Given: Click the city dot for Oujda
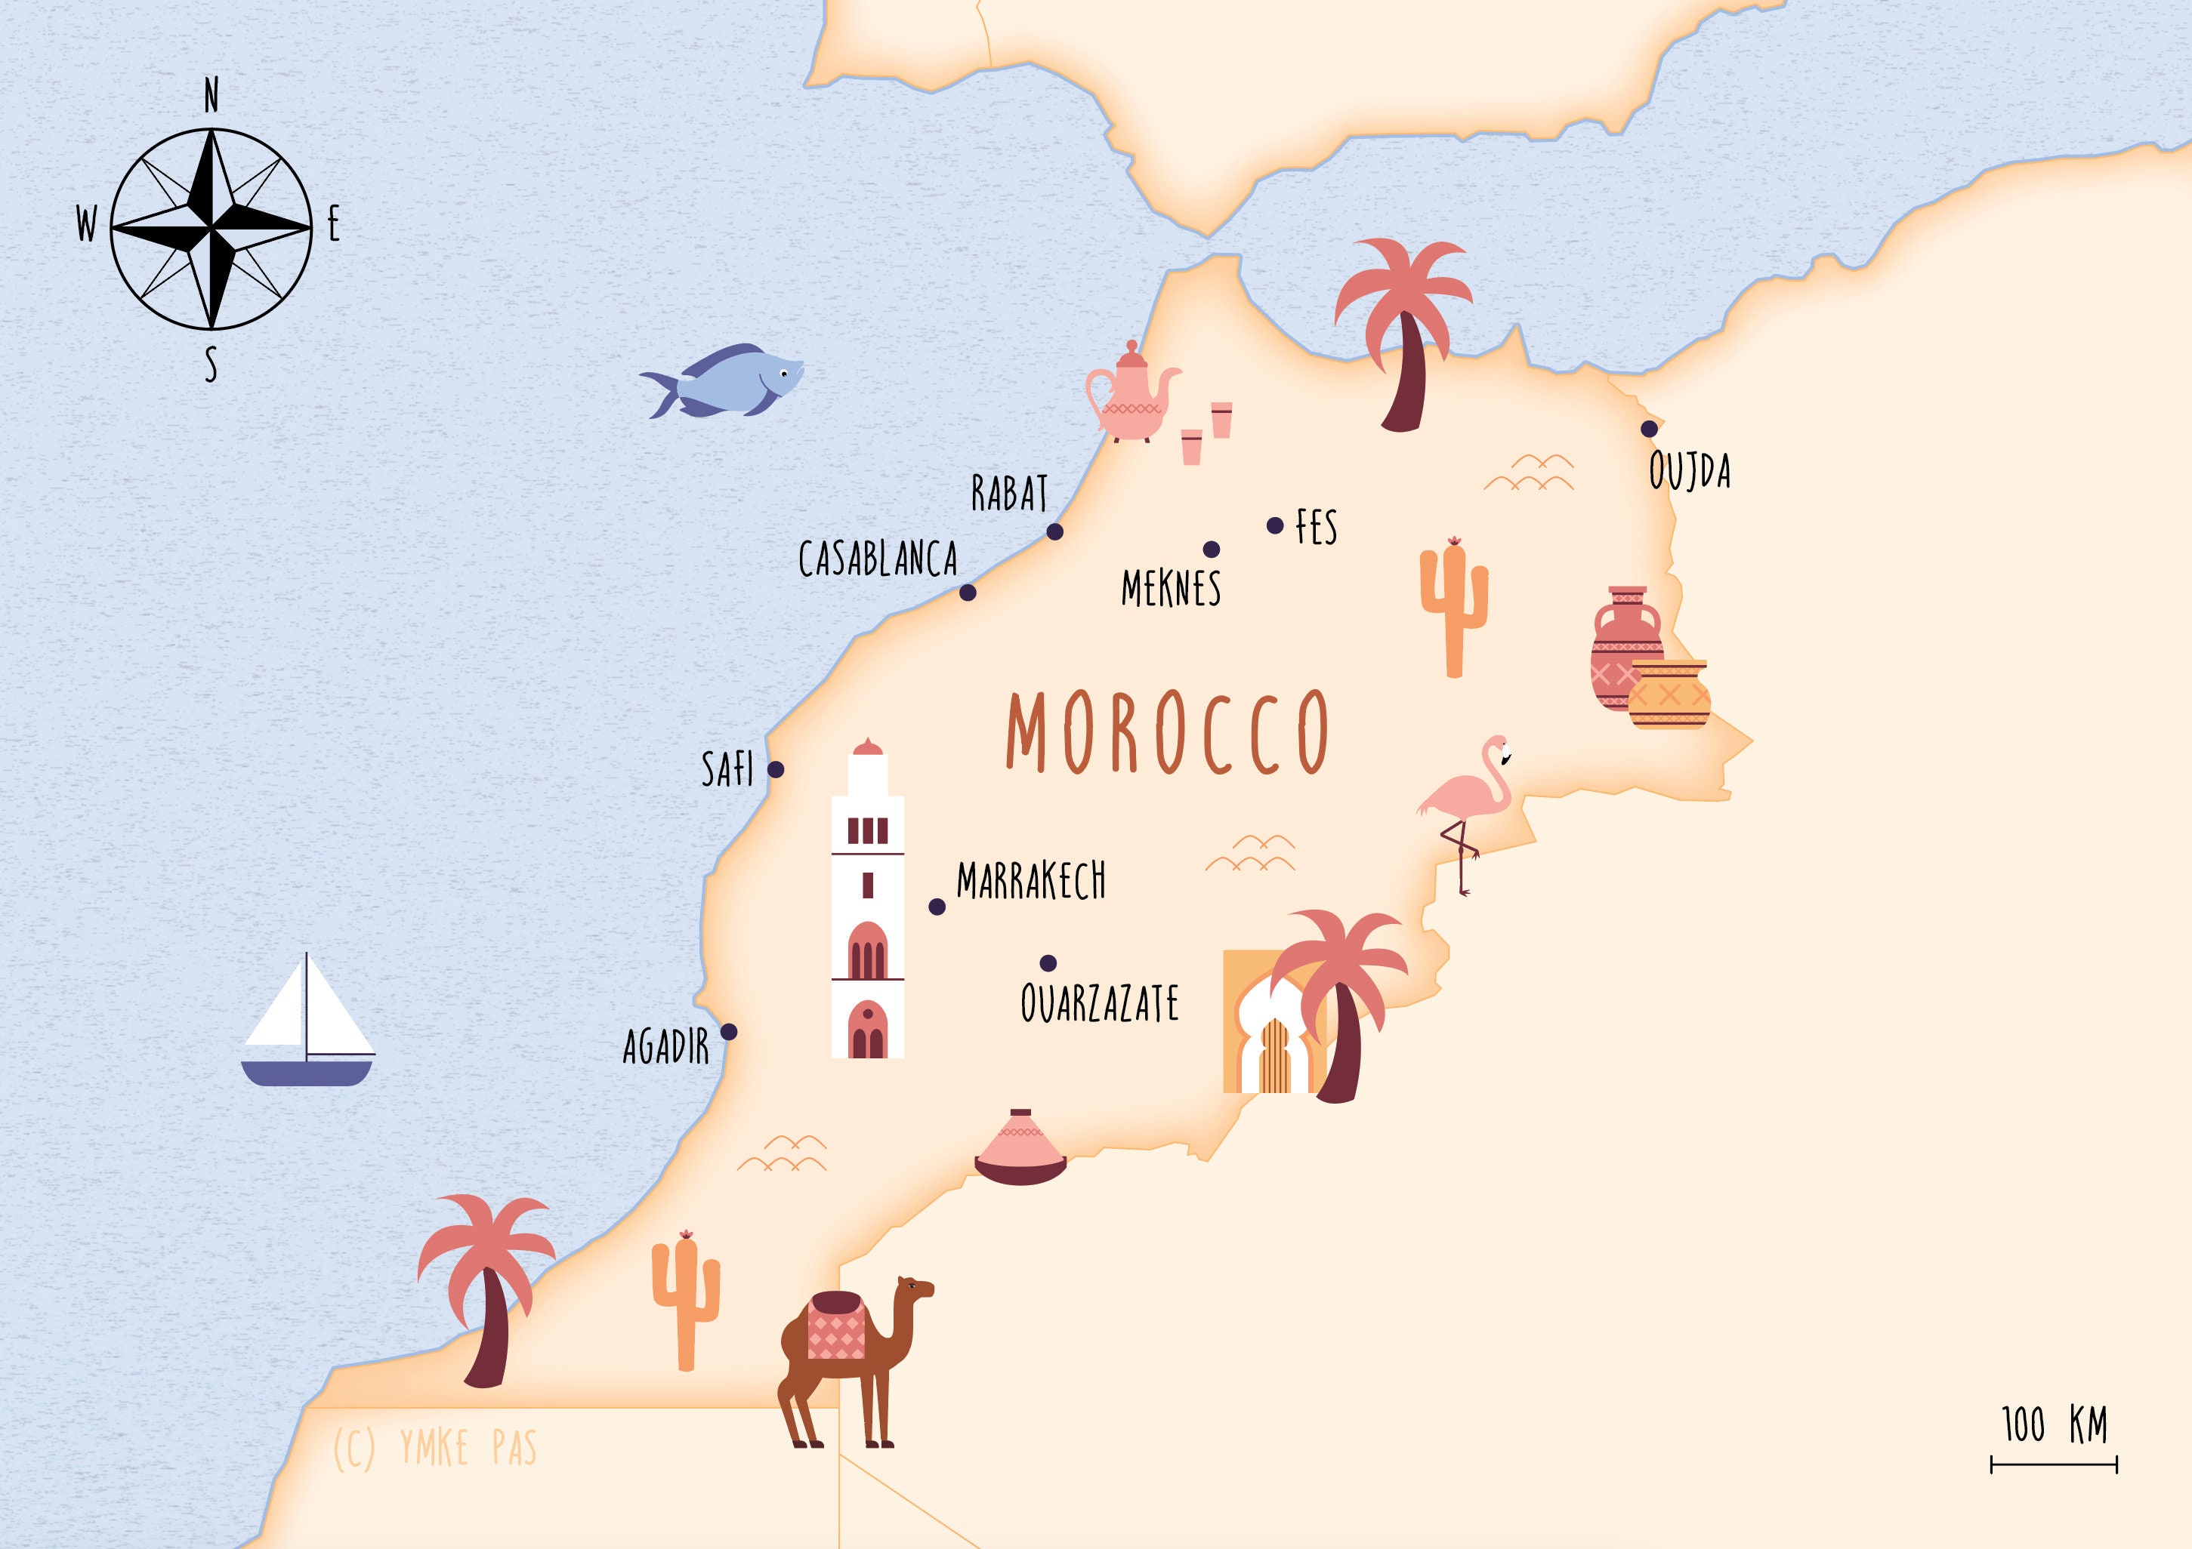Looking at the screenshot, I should coord(1649,429).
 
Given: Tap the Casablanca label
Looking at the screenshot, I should coord(878,559).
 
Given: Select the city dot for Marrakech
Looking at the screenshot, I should coord(937,907).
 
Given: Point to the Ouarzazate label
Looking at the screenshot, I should coord(1099,1004).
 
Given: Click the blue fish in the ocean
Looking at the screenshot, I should coord(726,380).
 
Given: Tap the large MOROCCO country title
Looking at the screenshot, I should coord(1167,732).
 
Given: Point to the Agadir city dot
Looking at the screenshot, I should coord(728,1032).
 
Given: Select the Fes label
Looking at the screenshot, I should coord(1316,527).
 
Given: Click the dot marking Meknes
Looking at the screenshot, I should coord(1211,549).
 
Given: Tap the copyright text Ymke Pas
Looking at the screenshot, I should coord(435,1448).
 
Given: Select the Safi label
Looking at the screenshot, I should coord(727,769).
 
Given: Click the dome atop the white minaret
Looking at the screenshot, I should coord(867,747).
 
